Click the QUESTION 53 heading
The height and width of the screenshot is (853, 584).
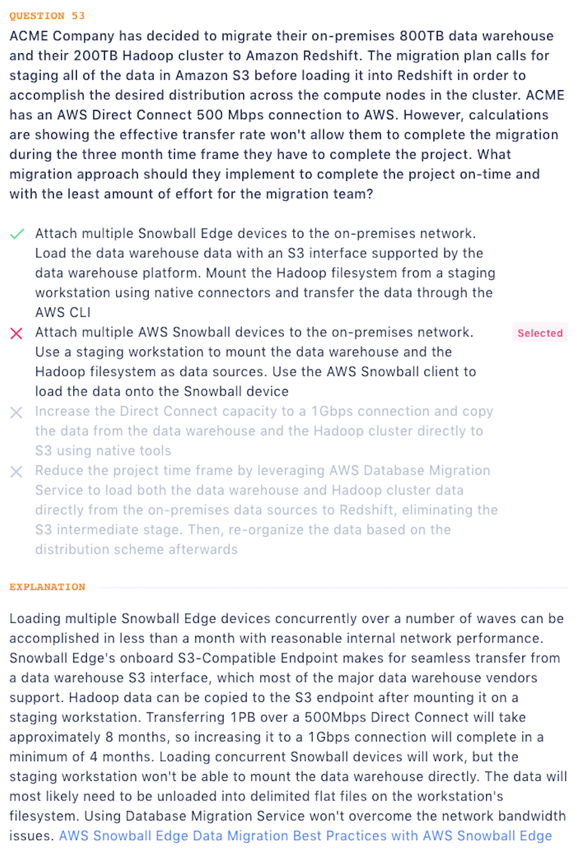point(47,16)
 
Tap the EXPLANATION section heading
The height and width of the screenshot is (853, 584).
point(47,587)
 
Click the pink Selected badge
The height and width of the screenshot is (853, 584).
point(540,333)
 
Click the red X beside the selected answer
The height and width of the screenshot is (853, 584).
point(18,333)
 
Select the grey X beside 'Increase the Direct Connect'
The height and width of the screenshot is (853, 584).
point(18,412)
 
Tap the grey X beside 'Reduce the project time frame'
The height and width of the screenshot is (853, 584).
point(18,471)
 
